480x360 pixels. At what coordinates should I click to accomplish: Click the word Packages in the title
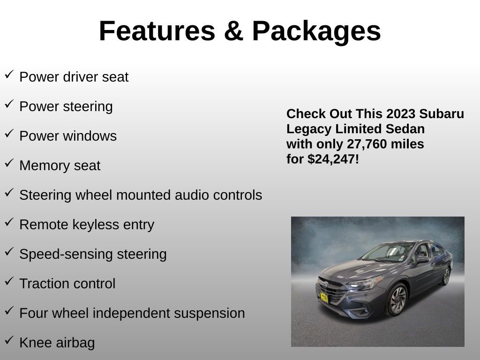pos(316,31)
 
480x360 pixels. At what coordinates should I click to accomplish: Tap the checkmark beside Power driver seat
pos(9,75)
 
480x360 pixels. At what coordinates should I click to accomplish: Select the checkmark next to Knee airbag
pos(9,340)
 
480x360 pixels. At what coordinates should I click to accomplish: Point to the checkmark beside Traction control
pos(9,281)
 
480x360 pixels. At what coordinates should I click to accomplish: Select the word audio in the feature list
pos(192,195)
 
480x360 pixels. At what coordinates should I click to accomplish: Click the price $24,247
pos(332,159)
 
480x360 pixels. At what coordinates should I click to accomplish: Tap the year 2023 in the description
pos(401,114)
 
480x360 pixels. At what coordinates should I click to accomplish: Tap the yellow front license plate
pos(324,297)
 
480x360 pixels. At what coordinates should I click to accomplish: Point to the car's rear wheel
pos(446,276)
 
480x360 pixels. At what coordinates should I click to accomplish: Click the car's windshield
pos(389,251)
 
